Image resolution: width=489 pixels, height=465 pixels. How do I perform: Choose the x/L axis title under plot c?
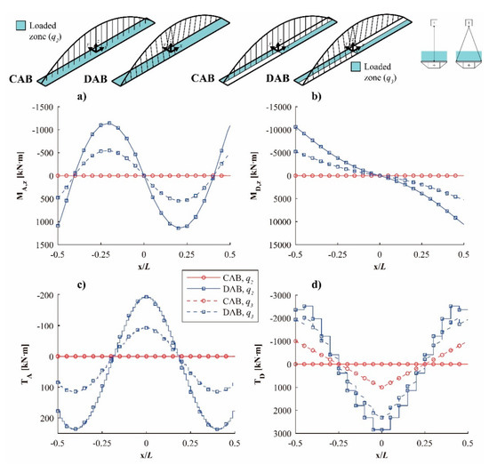[143, 456]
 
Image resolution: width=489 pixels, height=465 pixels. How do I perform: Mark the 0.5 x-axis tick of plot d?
[466, 442]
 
